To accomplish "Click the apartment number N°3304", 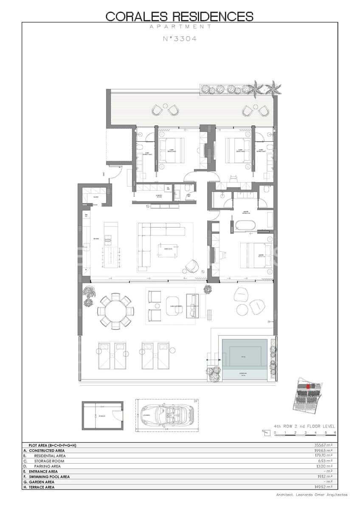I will [180, 39].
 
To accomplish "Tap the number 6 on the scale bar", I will [335, 432].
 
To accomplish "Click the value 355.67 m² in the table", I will [322, 445].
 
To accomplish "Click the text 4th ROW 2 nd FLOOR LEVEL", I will [304, 426].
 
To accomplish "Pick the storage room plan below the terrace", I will [102, 416].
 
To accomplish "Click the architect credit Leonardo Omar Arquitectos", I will [311, 495].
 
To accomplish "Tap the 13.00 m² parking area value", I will [323, 466].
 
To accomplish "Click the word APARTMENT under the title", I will [180, 26].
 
